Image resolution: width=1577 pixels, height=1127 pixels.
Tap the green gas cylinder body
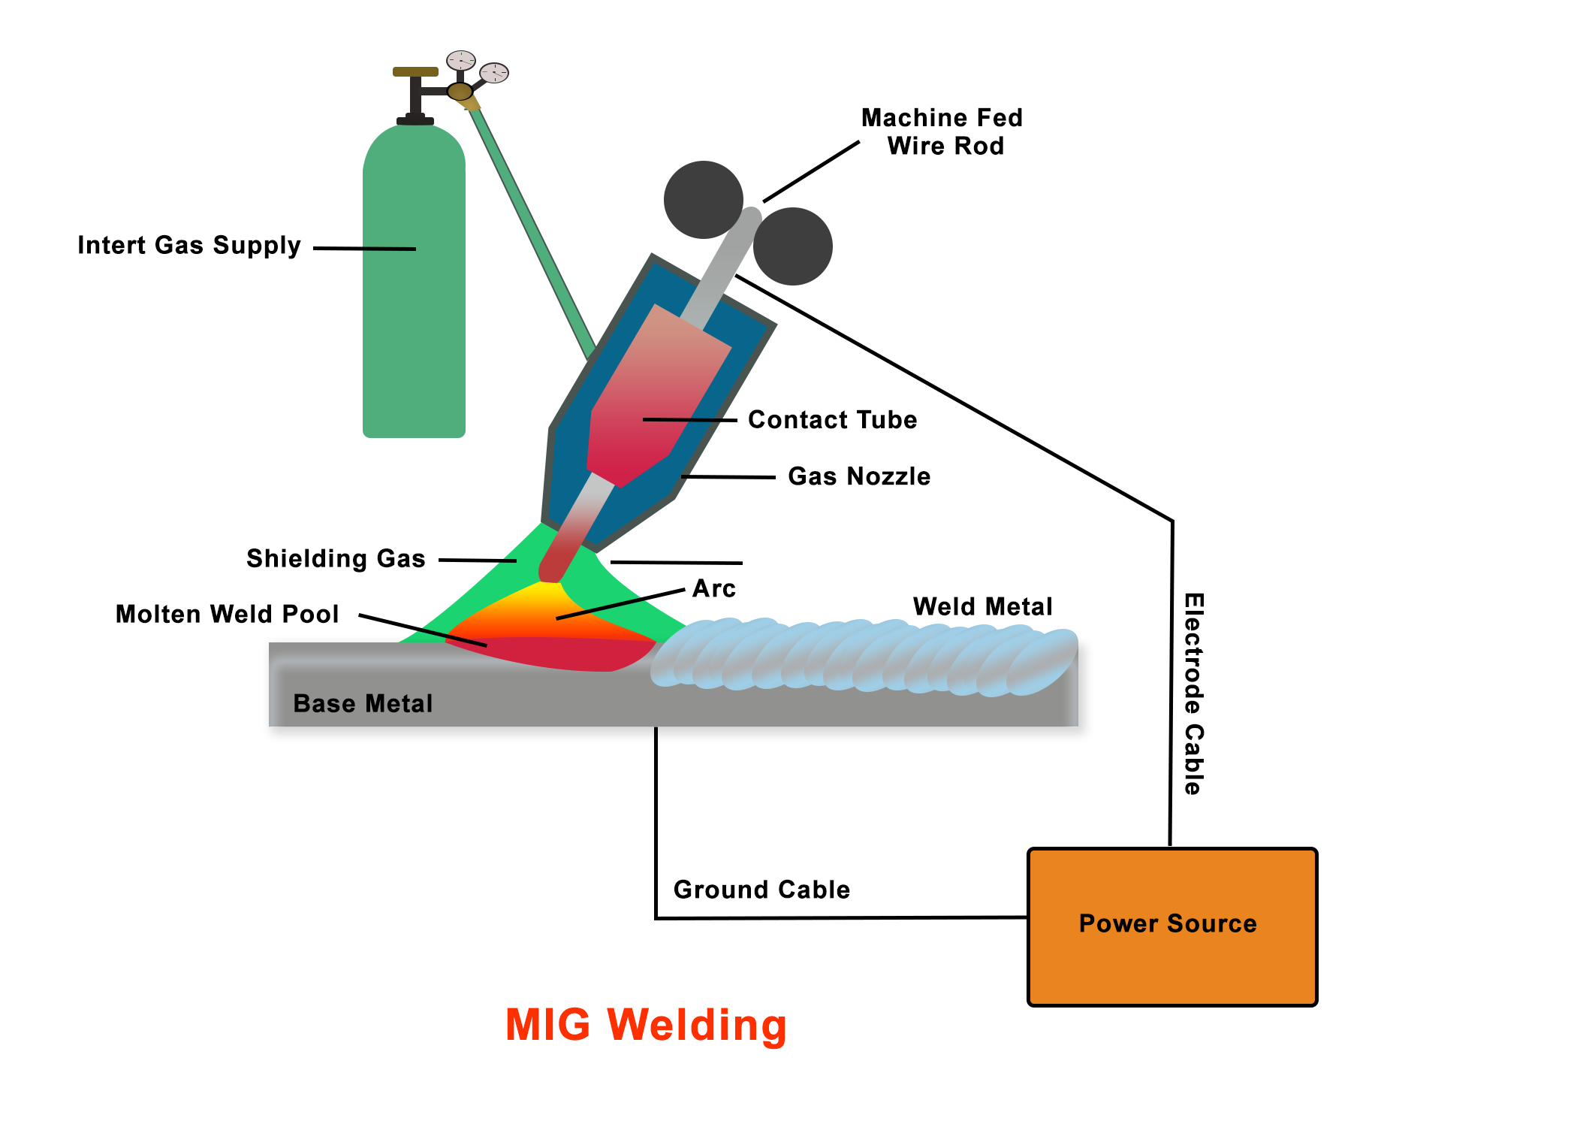(x=414, y=301)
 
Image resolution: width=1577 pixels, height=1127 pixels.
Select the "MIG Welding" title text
(x=646, y=1025)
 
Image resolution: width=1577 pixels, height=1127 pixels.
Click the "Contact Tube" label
(x=832, y=420)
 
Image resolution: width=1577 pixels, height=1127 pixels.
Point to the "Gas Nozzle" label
(x=859, y=476)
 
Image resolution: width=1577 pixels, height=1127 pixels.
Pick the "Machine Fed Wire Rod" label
(x=943, y=131)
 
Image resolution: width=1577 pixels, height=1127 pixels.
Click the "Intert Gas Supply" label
(x=188, y=246)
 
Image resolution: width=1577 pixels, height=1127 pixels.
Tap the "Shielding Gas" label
(x=336, y=559)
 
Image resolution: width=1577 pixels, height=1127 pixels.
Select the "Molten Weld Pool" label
(x=227, y=615)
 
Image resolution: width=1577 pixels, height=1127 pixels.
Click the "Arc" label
(x=713, y=588)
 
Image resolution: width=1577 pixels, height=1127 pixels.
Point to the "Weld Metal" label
(x=982, y=606)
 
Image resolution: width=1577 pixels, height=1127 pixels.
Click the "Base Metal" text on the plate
(x=363, y=704)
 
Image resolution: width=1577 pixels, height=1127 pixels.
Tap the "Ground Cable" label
(x=761, y=890)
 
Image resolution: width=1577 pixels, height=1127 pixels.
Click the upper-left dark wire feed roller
(x=703, y=199)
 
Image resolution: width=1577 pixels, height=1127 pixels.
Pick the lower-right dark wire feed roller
(x=793, y=246)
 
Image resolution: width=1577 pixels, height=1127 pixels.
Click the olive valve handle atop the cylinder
(x=415, y=72)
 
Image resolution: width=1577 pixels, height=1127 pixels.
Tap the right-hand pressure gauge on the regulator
(x=494, y=73)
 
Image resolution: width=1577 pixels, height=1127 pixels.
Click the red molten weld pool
(x=556, y=652)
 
